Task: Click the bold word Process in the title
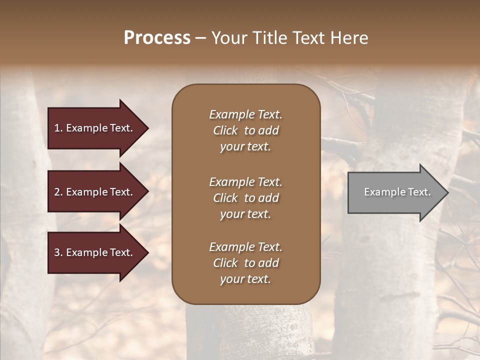coord(157,38)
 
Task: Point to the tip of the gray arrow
coord(447,192)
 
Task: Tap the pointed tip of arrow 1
coord(147,128)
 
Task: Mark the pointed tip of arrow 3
coord(147,252)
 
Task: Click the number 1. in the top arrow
coord(58,128)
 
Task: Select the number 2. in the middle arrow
coord(58,192)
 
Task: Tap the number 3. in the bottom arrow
coord(58,252)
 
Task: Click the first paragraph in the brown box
coord(245,130)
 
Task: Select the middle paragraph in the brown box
coord(245,198)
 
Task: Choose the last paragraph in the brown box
coord(245,263)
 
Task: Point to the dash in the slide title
coord(200,38)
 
